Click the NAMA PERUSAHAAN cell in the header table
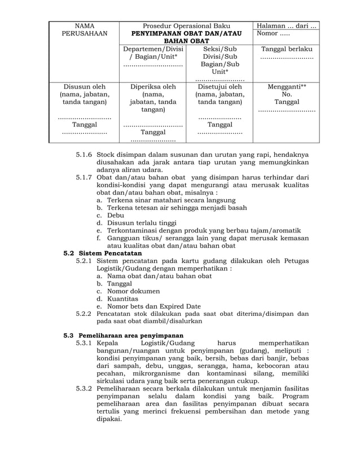[x=84, y=30]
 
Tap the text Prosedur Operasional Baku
[x=186, y=26]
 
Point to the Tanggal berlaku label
[x=287, y=49]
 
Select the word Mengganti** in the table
[x=287, y=87]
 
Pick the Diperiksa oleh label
[x=153, y=87]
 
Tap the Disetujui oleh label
[x=219, y=87]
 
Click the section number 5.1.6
[x=85, y=155]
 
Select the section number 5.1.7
[x=85, y=178]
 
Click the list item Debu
[x=116, y=216]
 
